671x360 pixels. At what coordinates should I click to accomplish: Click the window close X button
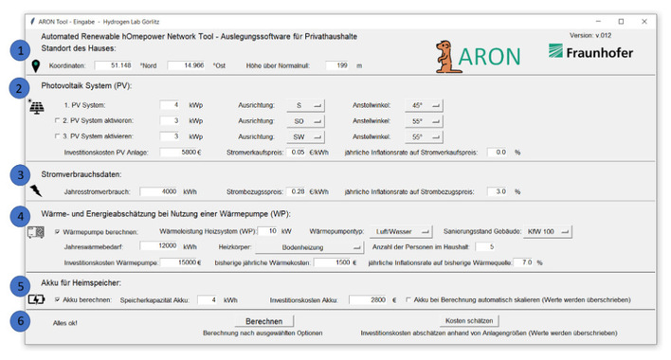pos(647,20)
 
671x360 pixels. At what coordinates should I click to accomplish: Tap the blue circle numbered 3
pos(18,175)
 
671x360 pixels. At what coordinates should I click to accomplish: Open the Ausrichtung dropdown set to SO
pos(304,120)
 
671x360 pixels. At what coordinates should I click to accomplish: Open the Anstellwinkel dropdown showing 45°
pos(426,104)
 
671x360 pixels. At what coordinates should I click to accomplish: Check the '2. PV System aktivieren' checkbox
pos(56,121)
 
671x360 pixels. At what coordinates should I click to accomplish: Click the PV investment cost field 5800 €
pos(179,152)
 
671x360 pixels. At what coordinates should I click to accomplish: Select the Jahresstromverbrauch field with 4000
pos(158,190)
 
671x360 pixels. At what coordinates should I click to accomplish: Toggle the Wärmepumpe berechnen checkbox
pos(57,231)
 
